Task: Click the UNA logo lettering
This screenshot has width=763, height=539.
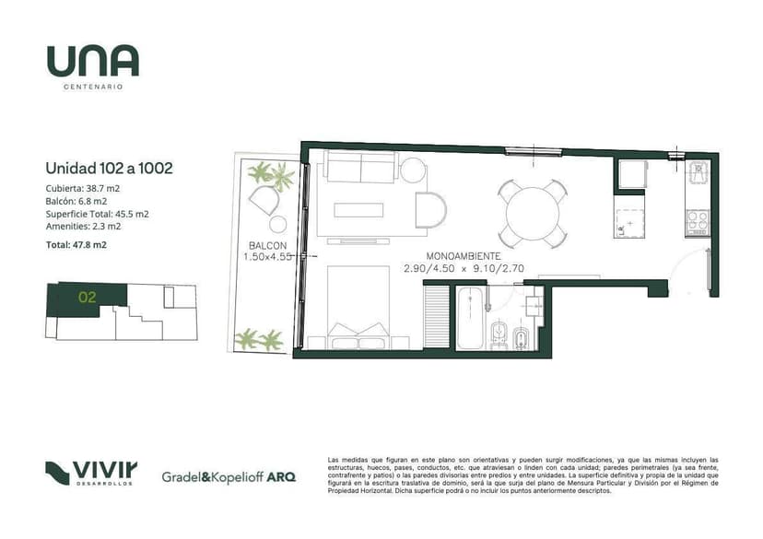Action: pyautogui.click(x=92, y=61)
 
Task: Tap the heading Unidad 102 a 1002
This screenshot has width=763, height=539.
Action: pyautogui.click(x=109, y=169)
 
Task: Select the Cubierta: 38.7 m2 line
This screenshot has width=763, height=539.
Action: pyautogui.click(x=83, y=188)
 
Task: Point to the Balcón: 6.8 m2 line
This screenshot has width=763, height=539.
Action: pyautogui.click(x=76, y=201)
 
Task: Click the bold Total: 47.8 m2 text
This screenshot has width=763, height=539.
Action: pyautogui.click(x=76, y=245)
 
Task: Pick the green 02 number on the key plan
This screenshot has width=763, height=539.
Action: pyautogui.click(x=88, y=297)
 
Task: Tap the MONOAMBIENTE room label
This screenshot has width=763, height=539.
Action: pyautogui.click(x=464, y=256)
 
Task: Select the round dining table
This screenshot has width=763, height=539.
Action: pyautogui.click(x=533, y=214)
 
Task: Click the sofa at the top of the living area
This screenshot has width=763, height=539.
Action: pyautogui.click(x=360, y=167)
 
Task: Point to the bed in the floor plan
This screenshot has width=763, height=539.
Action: pyautogui.click(x=358, y=307)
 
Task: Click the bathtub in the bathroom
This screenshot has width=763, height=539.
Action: pyautogui.click(x=470, y=318)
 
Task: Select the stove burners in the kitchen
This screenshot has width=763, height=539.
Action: pyautogui.click(x=698, y=220)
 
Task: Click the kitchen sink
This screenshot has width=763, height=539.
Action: pyautogui.click(x=698, y=172)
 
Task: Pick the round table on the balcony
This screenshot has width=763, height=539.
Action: pyautogui.click(x=278, y=224)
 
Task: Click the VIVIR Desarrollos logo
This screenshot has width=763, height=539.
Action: pyautogui.click(x=91, y=474)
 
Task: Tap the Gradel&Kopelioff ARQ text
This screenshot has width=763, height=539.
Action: pyautogui.click(x=229, y=476)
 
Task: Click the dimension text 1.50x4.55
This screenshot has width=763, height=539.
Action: pyautogui.click(x=268, y=257)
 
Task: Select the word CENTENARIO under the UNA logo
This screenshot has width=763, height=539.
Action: pyautogui.click(x=93, y=88)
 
